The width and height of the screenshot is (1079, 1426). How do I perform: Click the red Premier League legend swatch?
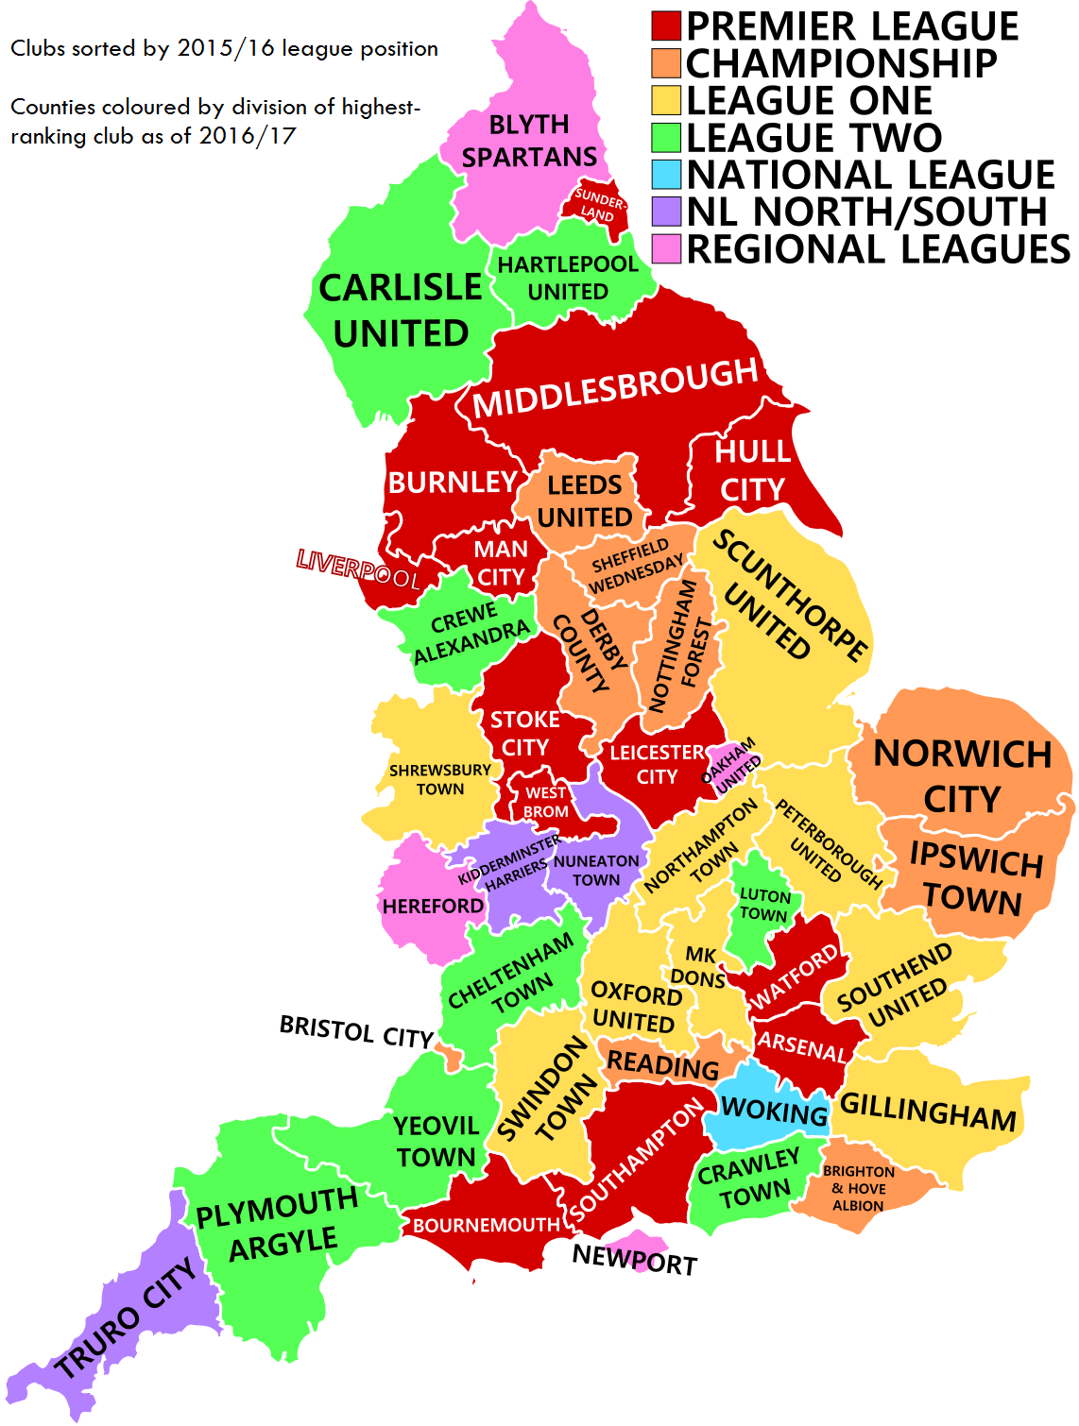coord(666,25)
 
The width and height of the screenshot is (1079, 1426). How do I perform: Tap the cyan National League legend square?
coord(666,174)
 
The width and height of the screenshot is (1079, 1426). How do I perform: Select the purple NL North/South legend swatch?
coord(666,211)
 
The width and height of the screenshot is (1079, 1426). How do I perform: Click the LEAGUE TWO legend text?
coord(814,138)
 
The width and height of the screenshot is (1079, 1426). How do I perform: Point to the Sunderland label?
coord(599,205)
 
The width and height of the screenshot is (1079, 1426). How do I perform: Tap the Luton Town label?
coord(763,905)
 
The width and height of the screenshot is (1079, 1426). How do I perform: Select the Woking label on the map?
coord(774,1111)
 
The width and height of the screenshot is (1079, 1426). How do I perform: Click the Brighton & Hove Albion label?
coord(858,1188)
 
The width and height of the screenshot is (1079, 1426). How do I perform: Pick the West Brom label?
coord(546,802)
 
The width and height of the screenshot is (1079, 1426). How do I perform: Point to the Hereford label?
coord(433,907)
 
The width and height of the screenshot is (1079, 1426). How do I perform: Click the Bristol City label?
coord(356,1031)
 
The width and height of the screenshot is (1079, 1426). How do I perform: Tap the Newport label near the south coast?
coord(634,1259)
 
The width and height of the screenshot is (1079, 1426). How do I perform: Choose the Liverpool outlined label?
coord(358,569)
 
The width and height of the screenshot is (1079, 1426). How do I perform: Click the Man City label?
coord(501,563)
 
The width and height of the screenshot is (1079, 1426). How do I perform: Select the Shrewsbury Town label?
coord(440,779)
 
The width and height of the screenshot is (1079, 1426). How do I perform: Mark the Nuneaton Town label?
coord(596,871)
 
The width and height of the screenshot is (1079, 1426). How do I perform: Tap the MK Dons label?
coord(699,967)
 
